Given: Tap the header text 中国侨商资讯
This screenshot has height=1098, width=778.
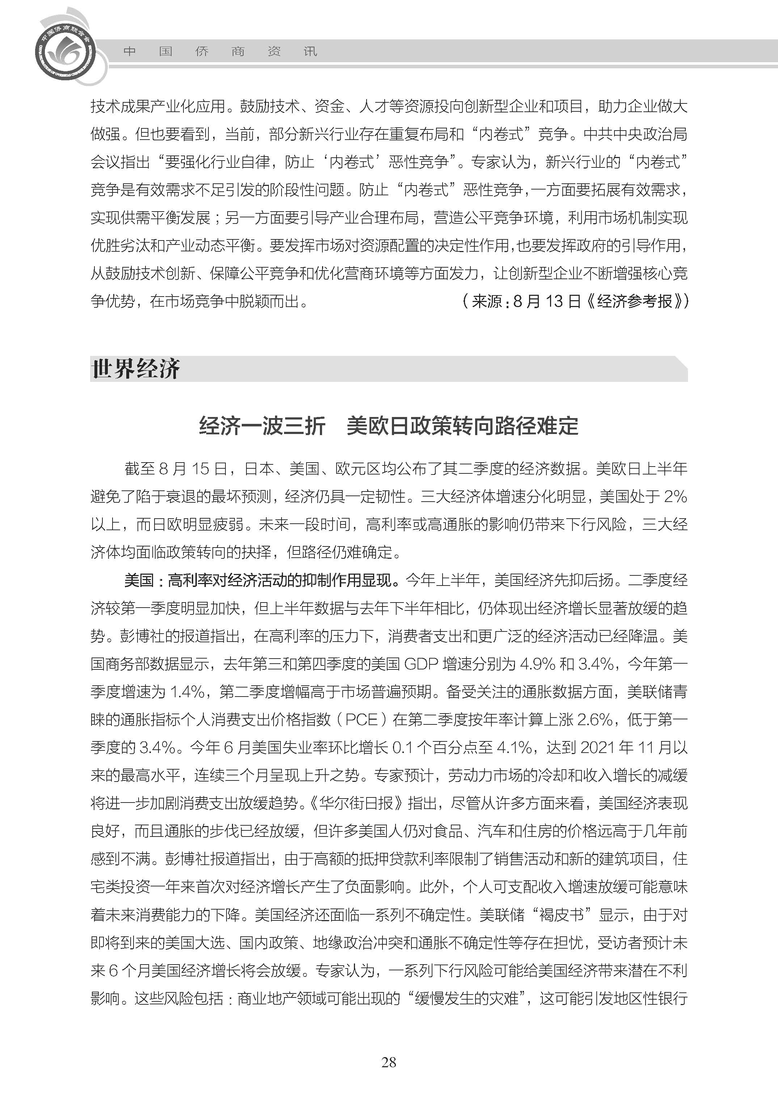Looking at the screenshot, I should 220,51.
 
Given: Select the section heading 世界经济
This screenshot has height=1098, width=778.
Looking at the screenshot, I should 136,369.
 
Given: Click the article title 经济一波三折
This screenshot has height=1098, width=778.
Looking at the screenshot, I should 262,426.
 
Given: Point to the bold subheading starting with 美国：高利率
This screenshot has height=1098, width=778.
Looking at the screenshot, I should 262,580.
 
